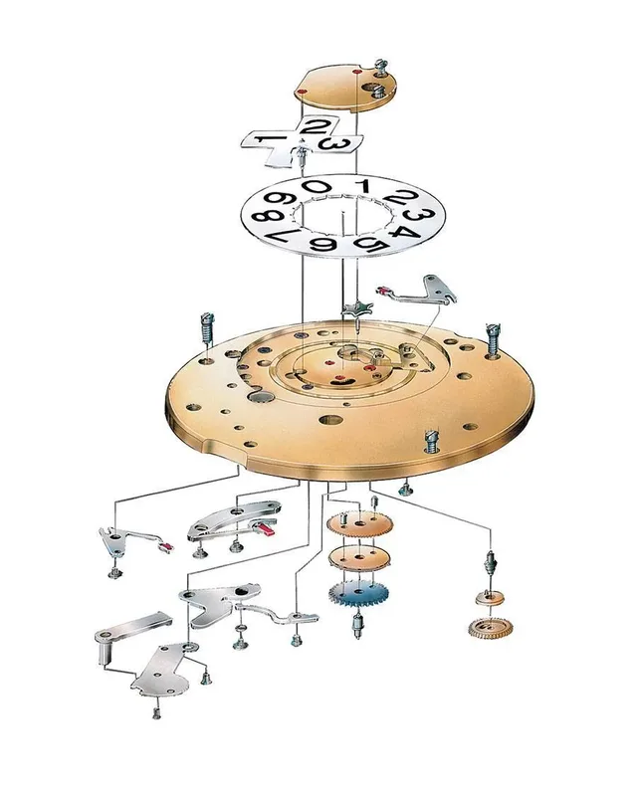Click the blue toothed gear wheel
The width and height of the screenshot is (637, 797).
pyautogui.click(x=359, y=595)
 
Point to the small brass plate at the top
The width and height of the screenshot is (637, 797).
pyautogui.click(x=343, y=88)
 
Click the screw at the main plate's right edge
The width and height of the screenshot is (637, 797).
pyautogui.click(x=492, y=338)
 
